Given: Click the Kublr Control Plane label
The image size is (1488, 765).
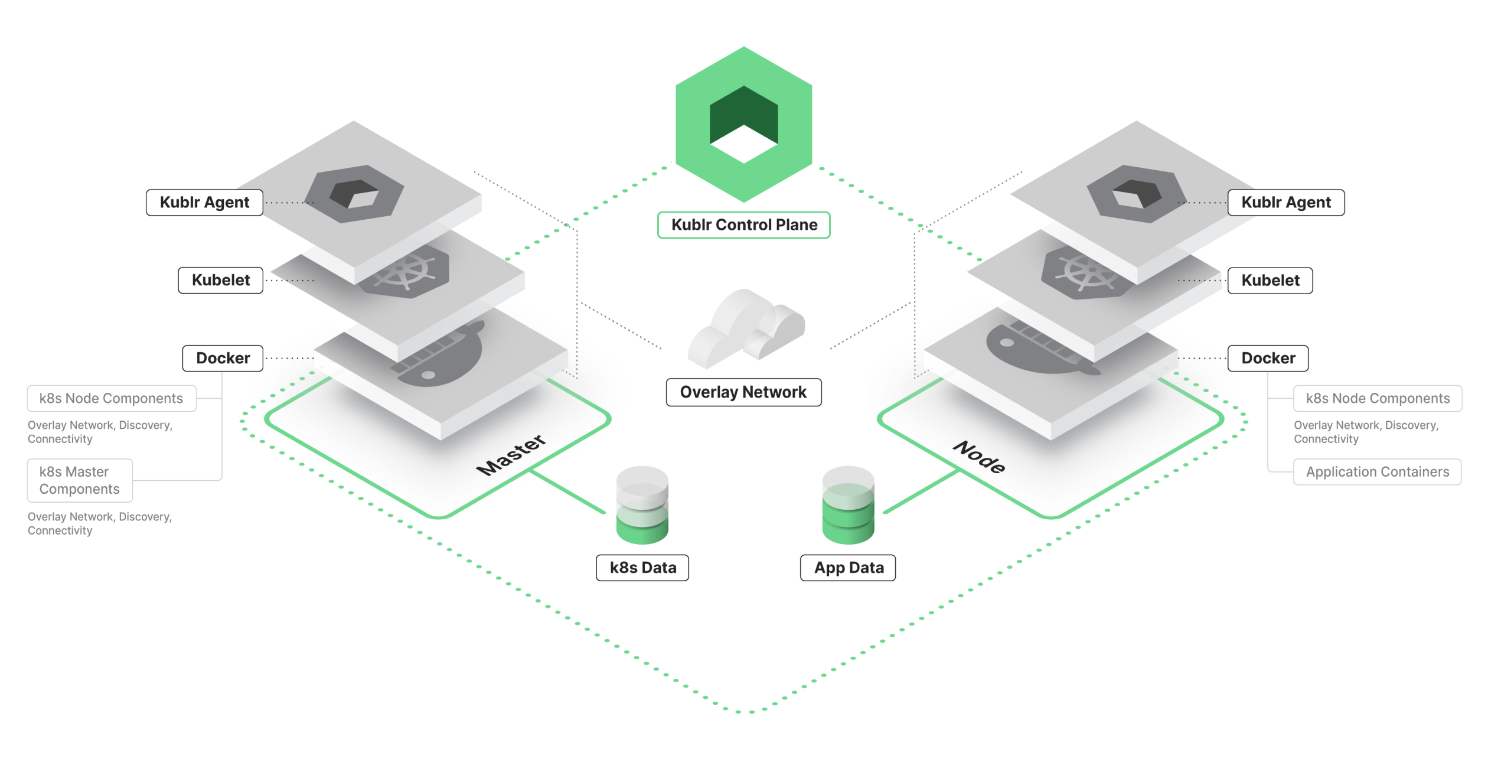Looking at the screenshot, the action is [743, 225].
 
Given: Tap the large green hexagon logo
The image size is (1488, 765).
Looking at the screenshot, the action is [743, 124].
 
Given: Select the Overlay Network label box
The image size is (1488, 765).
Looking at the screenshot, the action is [743, 392].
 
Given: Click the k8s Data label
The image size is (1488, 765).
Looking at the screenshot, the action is [642, 568].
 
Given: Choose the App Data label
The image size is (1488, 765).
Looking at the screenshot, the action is [848, 568].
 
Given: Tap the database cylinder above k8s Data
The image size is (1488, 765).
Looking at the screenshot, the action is [642, 505].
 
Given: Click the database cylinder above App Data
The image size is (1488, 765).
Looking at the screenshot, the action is [848, 505].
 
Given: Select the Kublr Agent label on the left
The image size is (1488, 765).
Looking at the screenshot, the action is [204, 203].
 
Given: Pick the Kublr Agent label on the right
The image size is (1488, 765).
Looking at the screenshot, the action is [1286, 203].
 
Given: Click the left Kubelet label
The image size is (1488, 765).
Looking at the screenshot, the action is [221, 281].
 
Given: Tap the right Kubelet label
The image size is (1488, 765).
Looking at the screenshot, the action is [1270, 281].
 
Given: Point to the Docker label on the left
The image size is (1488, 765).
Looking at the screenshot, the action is [223, 359].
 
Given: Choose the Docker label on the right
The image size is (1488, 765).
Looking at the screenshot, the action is [1268, 359].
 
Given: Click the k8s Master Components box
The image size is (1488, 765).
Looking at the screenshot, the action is [80, 480].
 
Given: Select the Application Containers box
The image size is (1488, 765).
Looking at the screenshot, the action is [1377, 472].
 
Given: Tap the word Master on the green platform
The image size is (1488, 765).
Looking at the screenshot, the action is [511, 454].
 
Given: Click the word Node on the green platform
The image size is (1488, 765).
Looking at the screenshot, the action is [980, 457].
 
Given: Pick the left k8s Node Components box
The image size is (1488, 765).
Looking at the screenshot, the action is [112, 399].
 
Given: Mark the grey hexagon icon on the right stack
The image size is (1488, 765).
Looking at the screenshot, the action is [1136, 194].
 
